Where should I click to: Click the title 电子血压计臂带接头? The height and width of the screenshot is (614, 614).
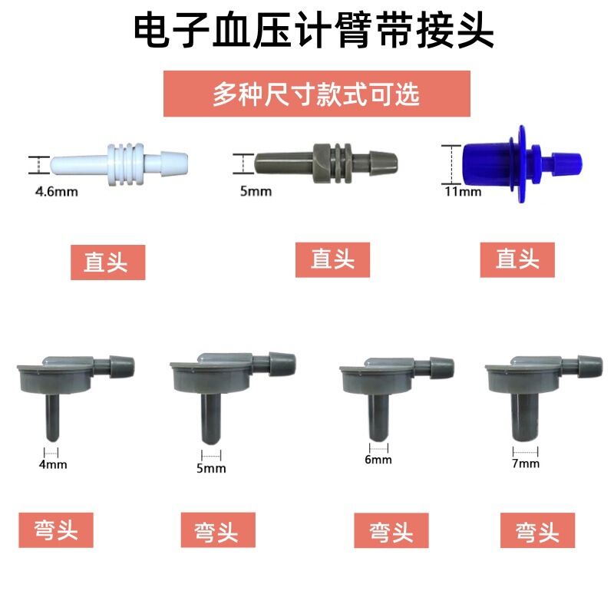coord(307,32)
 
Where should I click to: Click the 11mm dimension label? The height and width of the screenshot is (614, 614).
coord(462,191)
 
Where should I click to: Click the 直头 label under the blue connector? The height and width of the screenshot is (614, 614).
coord(517,259)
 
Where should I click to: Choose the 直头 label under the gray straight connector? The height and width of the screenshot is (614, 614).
coord(332,259)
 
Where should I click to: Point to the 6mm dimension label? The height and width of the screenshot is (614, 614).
coord(378,460)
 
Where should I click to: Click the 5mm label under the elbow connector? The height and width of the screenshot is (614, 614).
coord(210,468)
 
